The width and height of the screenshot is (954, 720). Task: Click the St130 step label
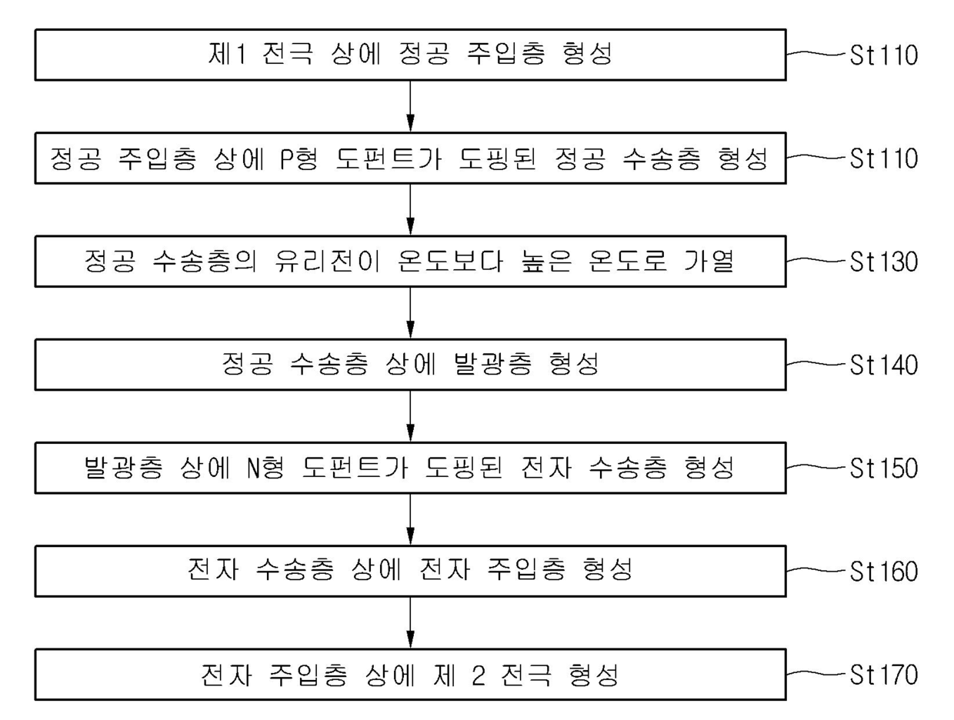coord(882,262)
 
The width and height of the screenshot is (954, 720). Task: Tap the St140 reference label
coord(882,365)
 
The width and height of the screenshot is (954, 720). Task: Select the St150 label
coord(882,468)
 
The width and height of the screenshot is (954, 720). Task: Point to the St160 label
coord(882,572)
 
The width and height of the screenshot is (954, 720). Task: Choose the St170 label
coord(882,676)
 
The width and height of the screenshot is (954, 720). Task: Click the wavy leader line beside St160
coord(814,572)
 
